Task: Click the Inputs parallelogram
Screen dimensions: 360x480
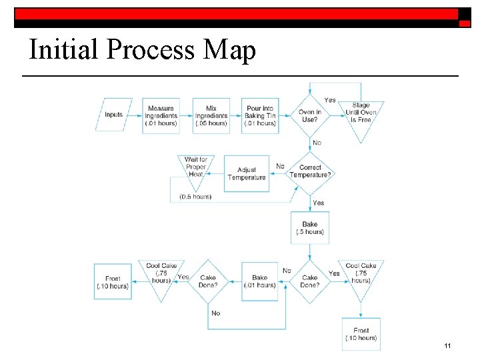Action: coord(114,115)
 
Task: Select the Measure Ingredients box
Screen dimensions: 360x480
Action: coord(161,116)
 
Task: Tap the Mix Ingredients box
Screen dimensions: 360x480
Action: coord(211,116)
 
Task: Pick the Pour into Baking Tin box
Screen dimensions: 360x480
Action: coord(260,116)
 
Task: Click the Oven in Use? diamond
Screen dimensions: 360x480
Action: coord(310,116)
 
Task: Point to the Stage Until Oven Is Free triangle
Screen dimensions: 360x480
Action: coord(361,113)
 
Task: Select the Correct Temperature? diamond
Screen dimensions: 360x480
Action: coord(310,171)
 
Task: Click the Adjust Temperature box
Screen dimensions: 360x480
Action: coord(247,173)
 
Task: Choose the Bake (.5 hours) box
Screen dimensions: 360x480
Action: coord(310,228)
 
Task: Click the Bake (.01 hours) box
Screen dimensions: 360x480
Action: coord(260,281)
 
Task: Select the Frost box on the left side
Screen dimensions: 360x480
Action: coord(113,281)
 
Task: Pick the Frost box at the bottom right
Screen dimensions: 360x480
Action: coord(361,334)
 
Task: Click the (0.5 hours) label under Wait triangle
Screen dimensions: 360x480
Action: coord(195,197)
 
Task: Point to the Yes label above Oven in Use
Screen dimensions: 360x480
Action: coord(330,100)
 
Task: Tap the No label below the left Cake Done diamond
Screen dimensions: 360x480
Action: coord(215,313)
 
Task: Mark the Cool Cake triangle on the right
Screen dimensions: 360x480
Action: coord(361,275)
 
